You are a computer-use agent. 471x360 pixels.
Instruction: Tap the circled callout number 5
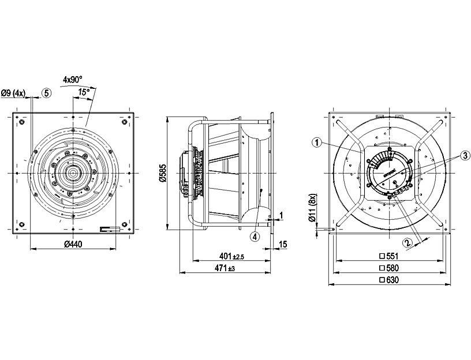pos(46,92)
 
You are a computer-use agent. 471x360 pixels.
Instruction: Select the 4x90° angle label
pos(73,78)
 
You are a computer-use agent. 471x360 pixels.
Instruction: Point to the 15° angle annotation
pos(84,92)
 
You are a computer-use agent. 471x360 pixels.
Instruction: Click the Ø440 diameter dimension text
pos(73,244)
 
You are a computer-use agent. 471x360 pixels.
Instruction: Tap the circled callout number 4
pos(255,235)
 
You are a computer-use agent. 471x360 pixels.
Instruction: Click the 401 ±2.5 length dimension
pos(231,256)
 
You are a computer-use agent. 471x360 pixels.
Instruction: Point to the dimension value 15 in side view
pos(283,244)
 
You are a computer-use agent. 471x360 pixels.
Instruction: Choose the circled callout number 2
pos(408,242)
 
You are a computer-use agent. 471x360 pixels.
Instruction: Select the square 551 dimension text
pos(389,256)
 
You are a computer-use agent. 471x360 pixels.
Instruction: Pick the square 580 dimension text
pos(389,268)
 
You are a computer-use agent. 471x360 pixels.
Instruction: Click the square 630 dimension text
pos(389,280)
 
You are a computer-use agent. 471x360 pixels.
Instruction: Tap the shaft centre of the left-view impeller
pos(74,173)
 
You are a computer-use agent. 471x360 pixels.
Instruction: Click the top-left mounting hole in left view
pos(21,122)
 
